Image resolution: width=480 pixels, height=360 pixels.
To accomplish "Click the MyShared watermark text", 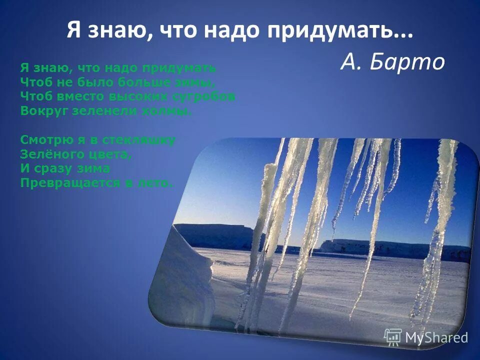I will [x=436, y=337].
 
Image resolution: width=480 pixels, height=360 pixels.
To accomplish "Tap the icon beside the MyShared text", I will [x=393, y=337].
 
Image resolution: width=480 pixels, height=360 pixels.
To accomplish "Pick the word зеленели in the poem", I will [x=104, y=111].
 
